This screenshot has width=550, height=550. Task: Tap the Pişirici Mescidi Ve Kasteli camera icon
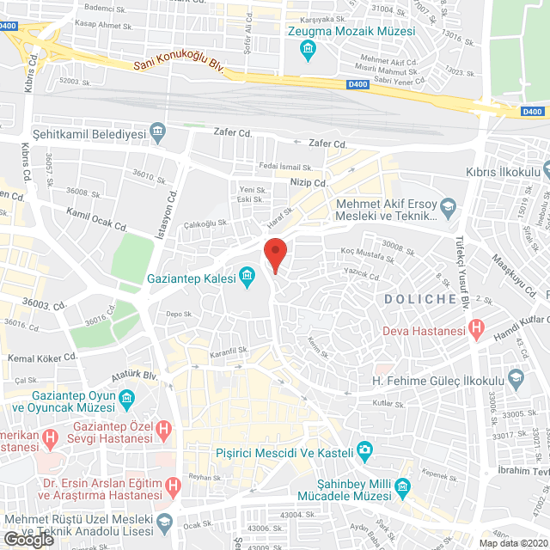click(x=365, y=449)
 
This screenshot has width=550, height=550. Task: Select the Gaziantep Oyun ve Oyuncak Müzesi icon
click(x=126, y=399)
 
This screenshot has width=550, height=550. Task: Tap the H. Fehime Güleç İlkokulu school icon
click(x=516, y=377)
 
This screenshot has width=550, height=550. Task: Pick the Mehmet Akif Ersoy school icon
click(x=448, y=207)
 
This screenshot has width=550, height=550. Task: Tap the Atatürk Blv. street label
click(x=135, y=376)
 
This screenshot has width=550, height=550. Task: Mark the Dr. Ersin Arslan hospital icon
click(x=174, y=486)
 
